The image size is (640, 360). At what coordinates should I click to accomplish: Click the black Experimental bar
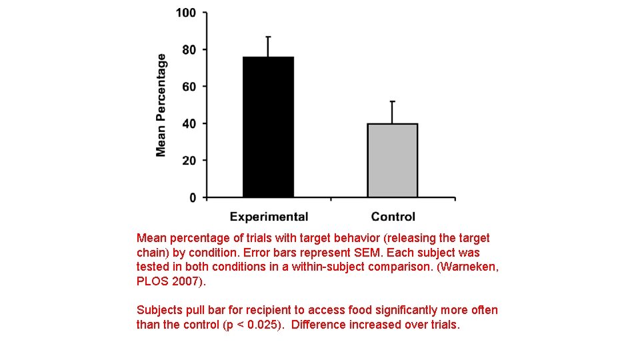coord(268,127)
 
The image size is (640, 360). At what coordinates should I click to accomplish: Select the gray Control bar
coord(392,160)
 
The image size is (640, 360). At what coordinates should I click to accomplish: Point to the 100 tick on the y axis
coord(186,13)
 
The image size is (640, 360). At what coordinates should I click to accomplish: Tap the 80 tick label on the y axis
coord(189,50)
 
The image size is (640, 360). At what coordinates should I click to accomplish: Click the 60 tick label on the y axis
coord(189,87)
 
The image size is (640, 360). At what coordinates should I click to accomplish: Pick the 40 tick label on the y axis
coord(189,124)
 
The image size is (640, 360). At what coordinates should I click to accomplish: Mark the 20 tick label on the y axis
coord(189,161)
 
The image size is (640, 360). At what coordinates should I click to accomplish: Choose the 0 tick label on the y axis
coord(193,198)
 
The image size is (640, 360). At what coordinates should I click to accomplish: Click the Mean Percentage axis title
coord(161,105)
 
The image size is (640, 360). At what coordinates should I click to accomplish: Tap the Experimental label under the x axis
coord(269,217)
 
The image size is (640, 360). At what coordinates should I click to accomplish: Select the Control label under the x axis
coord(393,217)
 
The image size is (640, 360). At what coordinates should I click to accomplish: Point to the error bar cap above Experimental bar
coord(268,37)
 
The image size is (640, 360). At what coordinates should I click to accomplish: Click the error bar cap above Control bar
coord(392,101)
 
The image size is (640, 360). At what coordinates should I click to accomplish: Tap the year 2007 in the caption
coord(186,282)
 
